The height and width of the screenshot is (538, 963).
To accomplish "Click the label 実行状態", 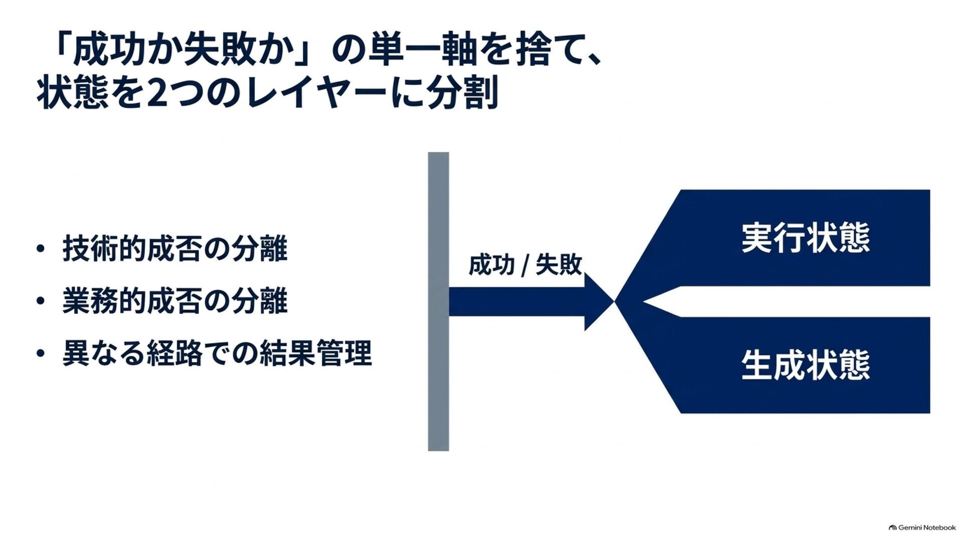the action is [x=806, y=237].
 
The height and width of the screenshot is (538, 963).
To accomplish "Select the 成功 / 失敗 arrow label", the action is [x=525, y=264].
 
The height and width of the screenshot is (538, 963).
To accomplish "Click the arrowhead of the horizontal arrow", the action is [x=599, y=302].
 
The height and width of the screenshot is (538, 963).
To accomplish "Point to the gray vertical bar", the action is [x=438, y=301].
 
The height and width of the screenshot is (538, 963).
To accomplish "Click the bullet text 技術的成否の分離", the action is [x=175, y=248].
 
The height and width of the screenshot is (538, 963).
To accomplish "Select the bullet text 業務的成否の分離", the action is [x=175, y=301].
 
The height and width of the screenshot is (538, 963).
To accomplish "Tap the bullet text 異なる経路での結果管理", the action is [x=217, y=353].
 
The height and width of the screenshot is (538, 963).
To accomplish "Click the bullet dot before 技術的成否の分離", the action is [x=41, y=249].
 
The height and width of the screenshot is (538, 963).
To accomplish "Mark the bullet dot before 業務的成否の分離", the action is [x=41, y=301].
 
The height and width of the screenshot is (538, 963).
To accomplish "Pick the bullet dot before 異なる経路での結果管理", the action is [x=41, y=353].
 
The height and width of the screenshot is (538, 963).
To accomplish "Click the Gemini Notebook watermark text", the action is [x=927, y=527].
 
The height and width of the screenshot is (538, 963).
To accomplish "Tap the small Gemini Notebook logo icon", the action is [x=892, y=527].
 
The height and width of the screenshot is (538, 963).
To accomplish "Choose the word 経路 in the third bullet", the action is [x=175, y=353].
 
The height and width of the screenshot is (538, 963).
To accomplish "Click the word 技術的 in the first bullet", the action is [x=104, y=248].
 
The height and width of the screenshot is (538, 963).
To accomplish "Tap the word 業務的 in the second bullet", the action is [x=104, y=301].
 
